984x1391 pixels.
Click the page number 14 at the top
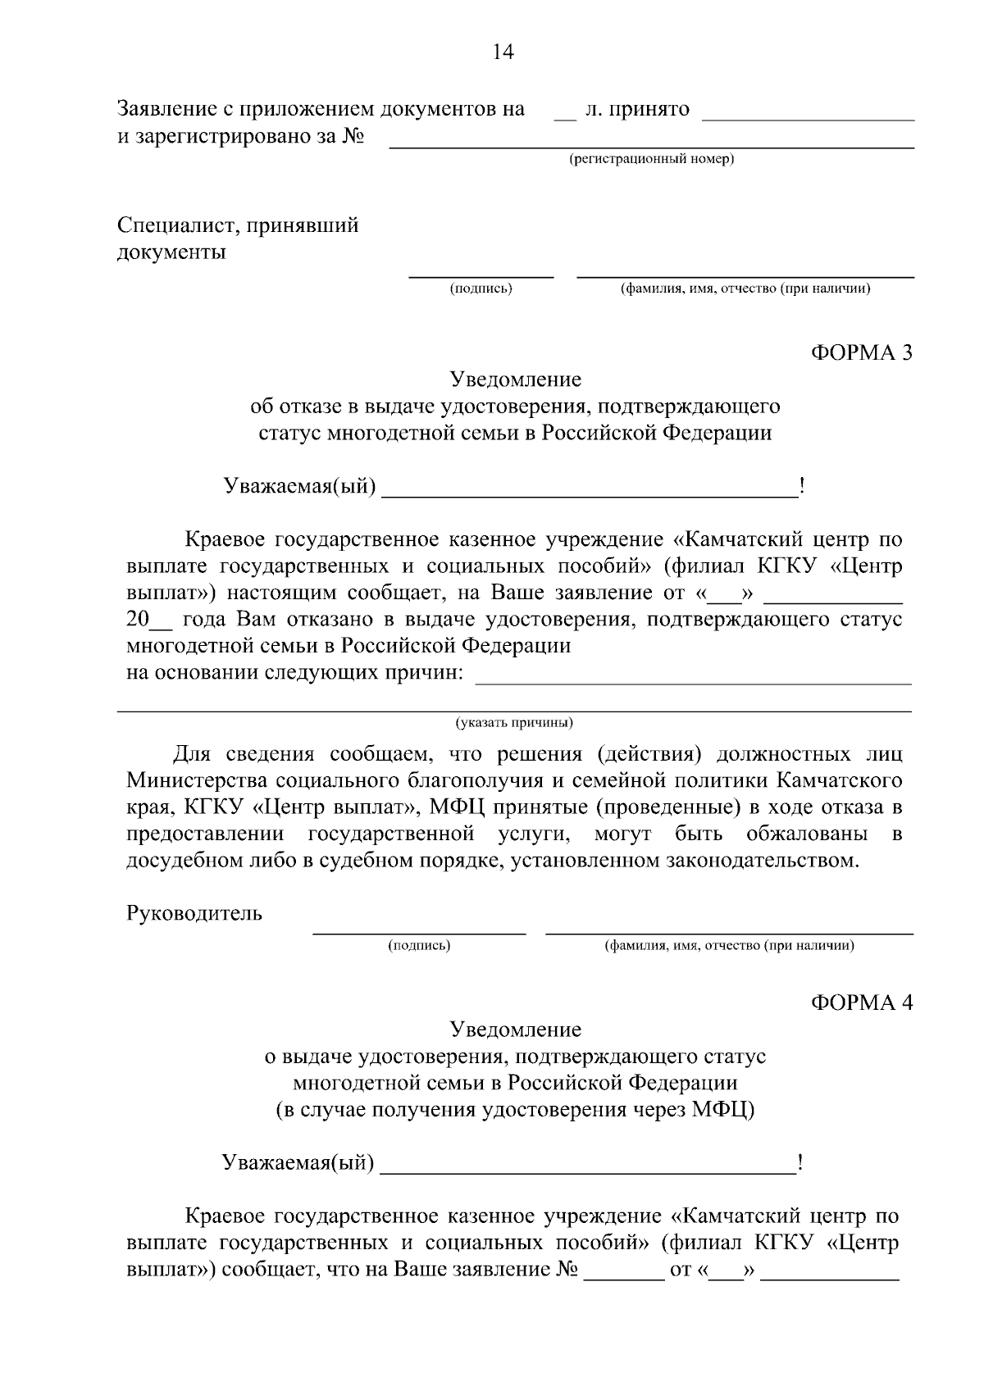503,52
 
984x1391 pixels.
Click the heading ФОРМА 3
861,352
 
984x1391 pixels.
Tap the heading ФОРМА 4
861,1002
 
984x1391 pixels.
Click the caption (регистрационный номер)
652,159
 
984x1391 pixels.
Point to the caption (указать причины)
514,723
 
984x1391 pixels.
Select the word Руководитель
194,913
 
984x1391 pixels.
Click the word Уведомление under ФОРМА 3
516,380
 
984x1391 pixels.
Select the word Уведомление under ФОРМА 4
516,1030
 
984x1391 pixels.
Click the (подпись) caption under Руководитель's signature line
419,946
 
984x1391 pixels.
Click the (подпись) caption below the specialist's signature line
481,289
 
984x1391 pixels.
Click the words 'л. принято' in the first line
637,109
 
